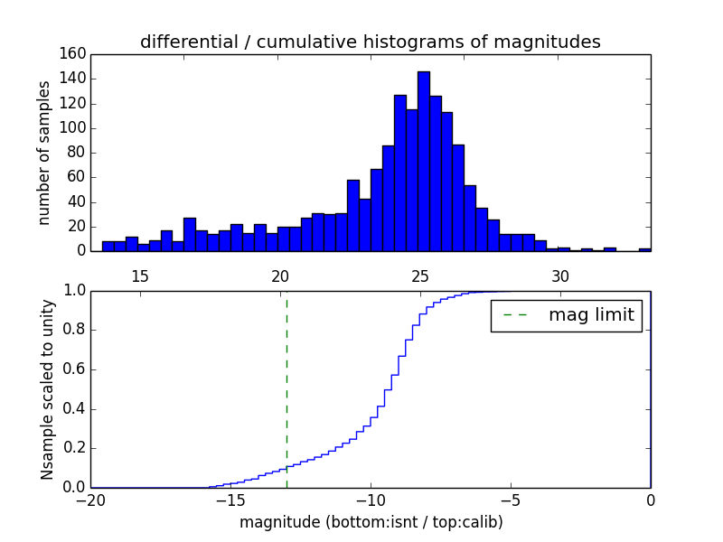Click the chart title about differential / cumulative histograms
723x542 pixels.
click(370, 42)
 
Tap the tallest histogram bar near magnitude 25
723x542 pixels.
click(423, 163)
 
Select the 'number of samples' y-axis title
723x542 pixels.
click(44, 153)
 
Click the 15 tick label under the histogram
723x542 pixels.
click(140, 275)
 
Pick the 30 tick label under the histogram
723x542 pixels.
click(560, 275)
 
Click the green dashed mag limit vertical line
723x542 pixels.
click(286, 388)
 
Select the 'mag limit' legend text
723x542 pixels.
click(591, 315)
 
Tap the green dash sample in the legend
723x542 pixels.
click(515, 315)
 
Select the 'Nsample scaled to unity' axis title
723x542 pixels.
click(47, 388)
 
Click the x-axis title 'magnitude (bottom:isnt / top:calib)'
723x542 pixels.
click(371, 522)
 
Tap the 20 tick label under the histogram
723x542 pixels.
click(280, 275)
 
